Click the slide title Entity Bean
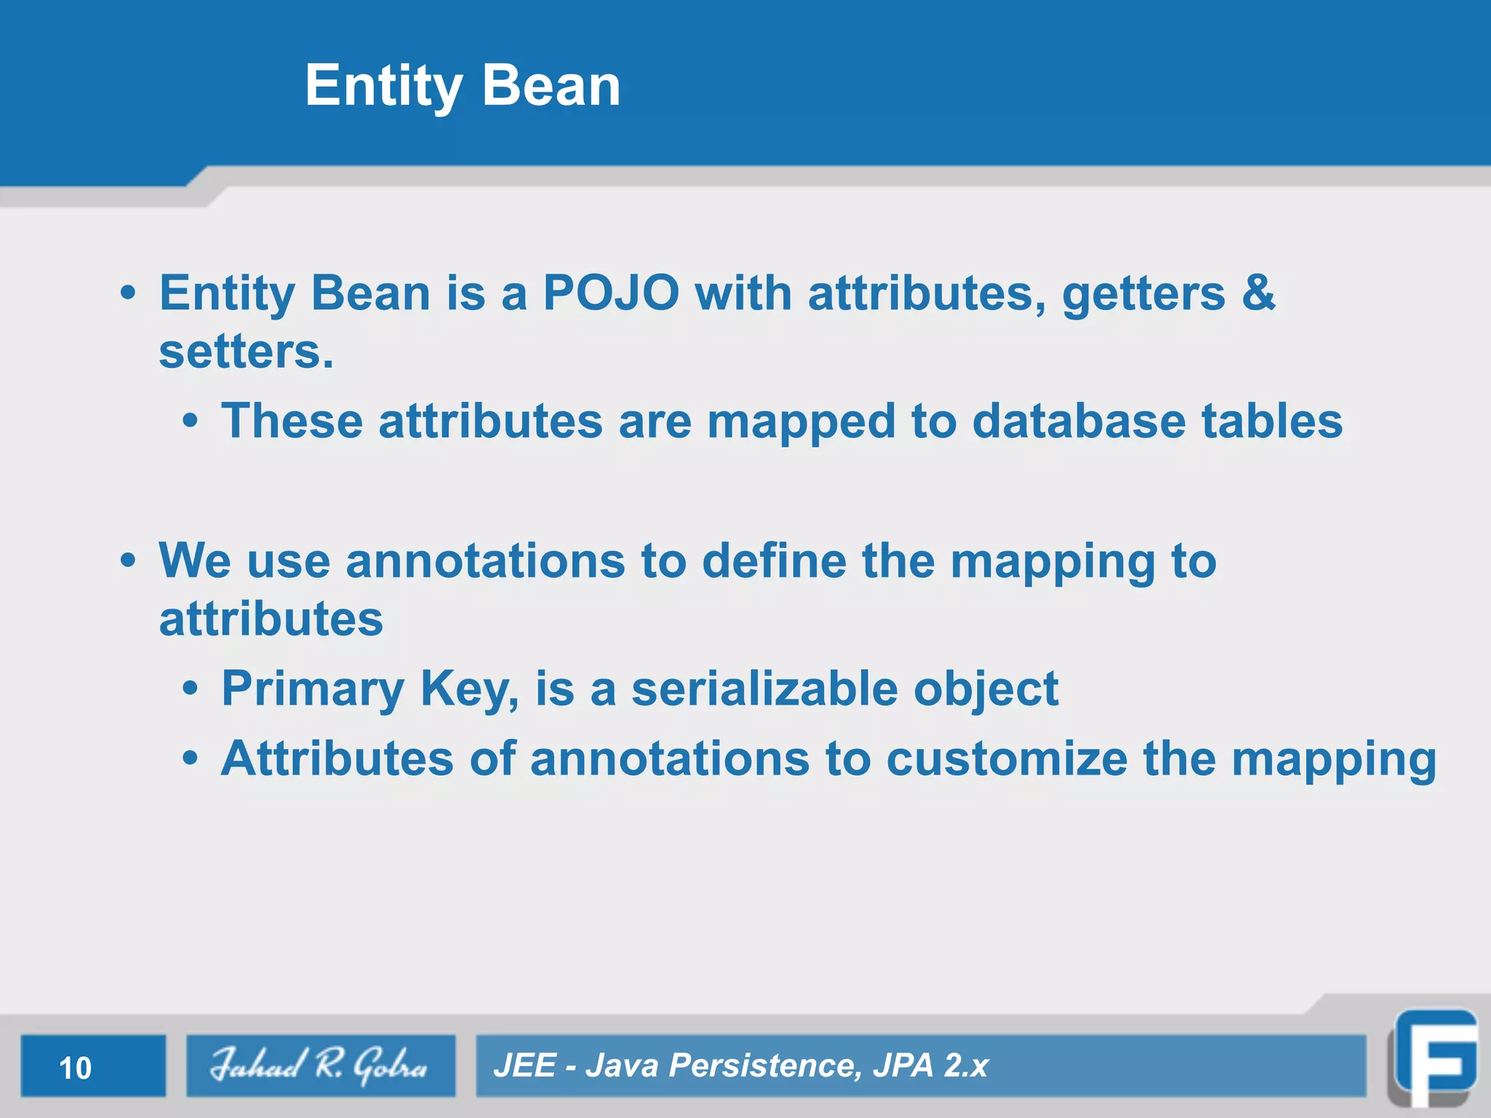pyautogui.click(x=462, y=86)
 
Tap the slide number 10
pyautogui.click(x=75, y=1069)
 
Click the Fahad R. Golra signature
pyautogui.click(x=320, y=1066)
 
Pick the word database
pyautogui.click(x=1078, y=421)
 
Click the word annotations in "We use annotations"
pyautogui.click(x=485, y=561)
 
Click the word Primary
pyautogui.click(x=312, y=689)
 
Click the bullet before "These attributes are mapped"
pyautogui.click(x=190, y=421)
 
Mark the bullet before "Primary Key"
pyautogui.click(x=190, y=689)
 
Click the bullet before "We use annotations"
pyautogui.click(x=128, y=561)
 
